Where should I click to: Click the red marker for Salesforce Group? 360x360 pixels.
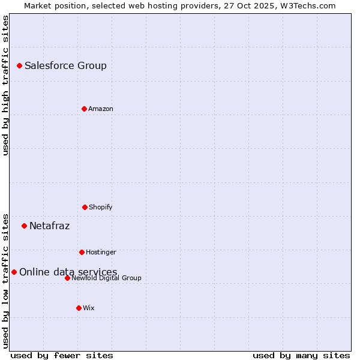19,65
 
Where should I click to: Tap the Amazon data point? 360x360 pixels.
84,109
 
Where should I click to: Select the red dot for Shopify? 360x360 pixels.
85,207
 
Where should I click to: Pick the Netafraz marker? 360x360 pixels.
24,226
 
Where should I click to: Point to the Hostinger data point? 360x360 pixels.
82,252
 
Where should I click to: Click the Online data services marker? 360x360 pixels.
14,272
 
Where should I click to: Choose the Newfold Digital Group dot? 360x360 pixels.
67,278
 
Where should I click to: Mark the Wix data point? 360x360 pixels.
79,308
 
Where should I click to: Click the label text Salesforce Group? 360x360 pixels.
65,65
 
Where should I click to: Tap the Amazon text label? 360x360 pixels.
101,109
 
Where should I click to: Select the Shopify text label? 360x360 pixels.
101,207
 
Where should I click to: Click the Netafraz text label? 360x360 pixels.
49,226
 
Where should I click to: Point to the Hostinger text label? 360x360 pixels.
101,252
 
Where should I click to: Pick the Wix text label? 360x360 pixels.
89,308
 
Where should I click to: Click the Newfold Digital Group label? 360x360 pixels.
107,278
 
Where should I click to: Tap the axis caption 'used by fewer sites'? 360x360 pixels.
62,355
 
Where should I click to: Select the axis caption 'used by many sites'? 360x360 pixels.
301,355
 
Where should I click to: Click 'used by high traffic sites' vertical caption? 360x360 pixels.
5,85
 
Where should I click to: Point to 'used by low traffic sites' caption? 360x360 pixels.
5,280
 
